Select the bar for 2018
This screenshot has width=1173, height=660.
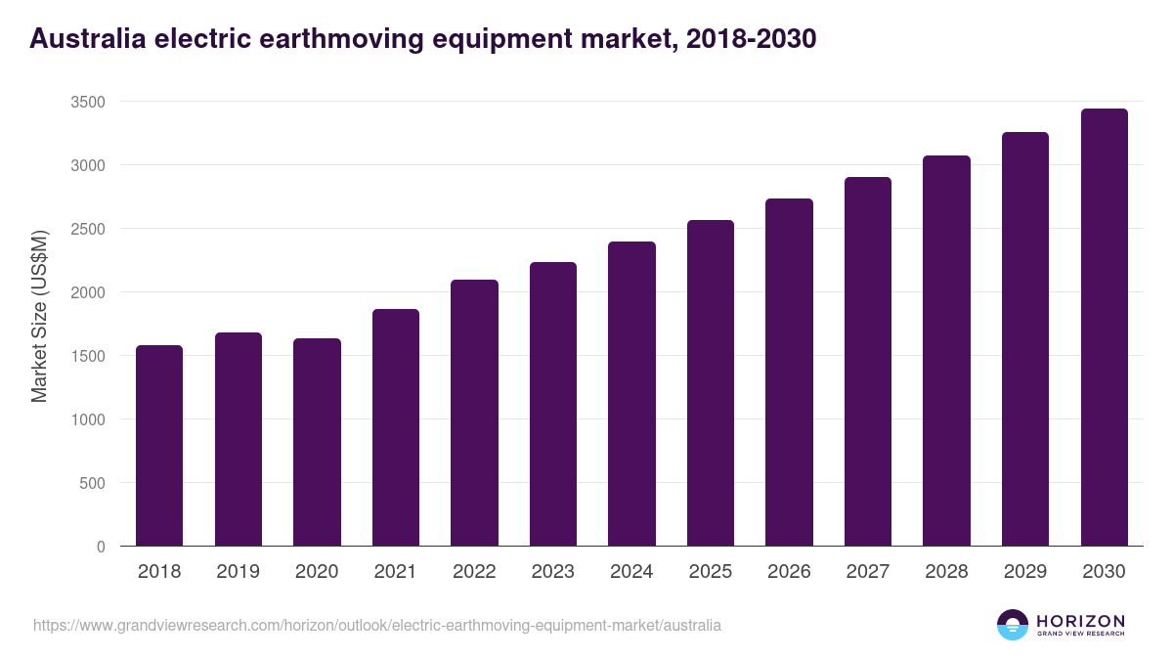pyautogui.click(x=159, y=446)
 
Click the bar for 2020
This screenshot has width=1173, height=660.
pyautogui.click(x=317, y=442)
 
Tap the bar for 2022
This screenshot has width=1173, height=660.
pyautogui.click(x=474, y=413)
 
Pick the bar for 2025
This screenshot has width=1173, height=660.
pyautogui.click(x=711, y=383)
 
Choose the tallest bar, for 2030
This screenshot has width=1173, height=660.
pyautogui.click(x=1104, y=328)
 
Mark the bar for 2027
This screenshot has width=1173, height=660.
pyautogui.click(x=868, y=362)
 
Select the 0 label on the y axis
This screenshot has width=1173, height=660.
pyautogui.click(x=101, y=547)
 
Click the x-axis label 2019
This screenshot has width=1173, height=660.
pyautogui.click(x=239, y=572)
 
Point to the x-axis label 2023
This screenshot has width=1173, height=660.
pyautogui.click(x=553, y=572)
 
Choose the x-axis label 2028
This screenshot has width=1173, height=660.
pyautogui.click(x=946, y=572)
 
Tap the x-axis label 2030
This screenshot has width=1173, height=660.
pyautogui.click(x=1104, y=572)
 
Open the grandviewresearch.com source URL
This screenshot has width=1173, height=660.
pyautogui.click(x=377, y=625)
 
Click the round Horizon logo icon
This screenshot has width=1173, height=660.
pyautogui.click(x=1013, y=625)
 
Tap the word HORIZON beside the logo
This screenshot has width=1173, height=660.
pyautogui.click(x=1080, y=620)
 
